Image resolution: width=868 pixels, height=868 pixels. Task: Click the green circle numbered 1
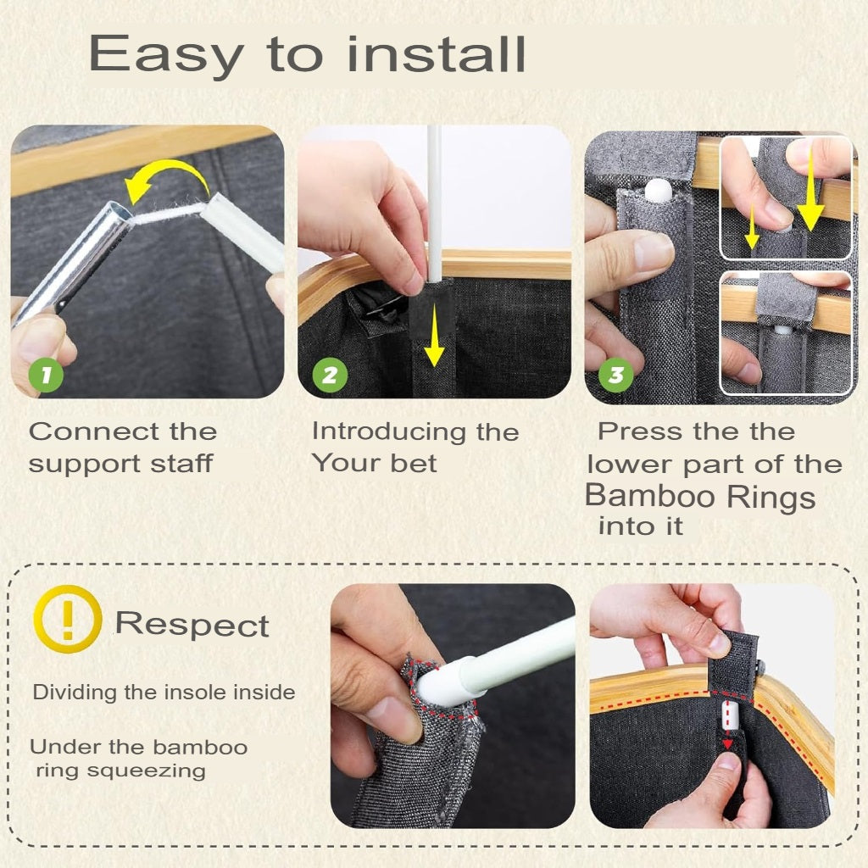point(46,374)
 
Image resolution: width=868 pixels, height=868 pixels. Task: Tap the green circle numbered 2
point(330,375)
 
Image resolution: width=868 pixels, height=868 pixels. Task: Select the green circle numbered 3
point(616,375)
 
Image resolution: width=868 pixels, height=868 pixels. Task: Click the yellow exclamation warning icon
point(68,619)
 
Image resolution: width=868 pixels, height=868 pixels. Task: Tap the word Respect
point(192,625)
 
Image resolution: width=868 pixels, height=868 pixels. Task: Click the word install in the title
point(437,53)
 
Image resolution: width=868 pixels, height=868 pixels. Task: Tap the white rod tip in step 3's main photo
point(659,189)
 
